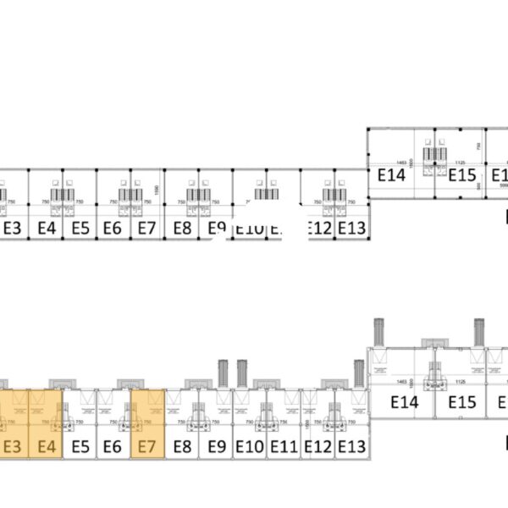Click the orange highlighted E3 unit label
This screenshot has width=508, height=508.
12,445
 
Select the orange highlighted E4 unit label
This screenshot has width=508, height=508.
47,445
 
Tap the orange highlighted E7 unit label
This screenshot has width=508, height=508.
147,445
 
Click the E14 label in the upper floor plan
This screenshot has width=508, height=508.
392,175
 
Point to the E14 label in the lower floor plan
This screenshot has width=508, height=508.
405,403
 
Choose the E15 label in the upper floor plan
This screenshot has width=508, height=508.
462,175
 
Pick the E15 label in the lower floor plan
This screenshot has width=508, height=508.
462,403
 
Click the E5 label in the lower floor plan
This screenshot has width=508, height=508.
80,445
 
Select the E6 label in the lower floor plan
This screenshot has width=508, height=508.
113,445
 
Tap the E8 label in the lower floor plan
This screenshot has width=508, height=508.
182,445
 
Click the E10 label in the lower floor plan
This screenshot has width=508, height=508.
250,445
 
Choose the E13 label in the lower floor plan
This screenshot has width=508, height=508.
351,445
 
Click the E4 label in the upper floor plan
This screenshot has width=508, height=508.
47,228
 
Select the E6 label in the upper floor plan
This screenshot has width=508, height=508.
113,228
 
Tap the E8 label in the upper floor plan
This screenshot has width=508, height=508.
182,228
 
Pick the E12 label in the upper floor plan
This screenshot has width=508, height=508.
318,228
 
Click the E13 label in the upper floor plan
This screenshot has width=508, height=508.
351,228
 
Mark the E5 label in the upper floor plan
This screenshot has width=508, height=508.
80,228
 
